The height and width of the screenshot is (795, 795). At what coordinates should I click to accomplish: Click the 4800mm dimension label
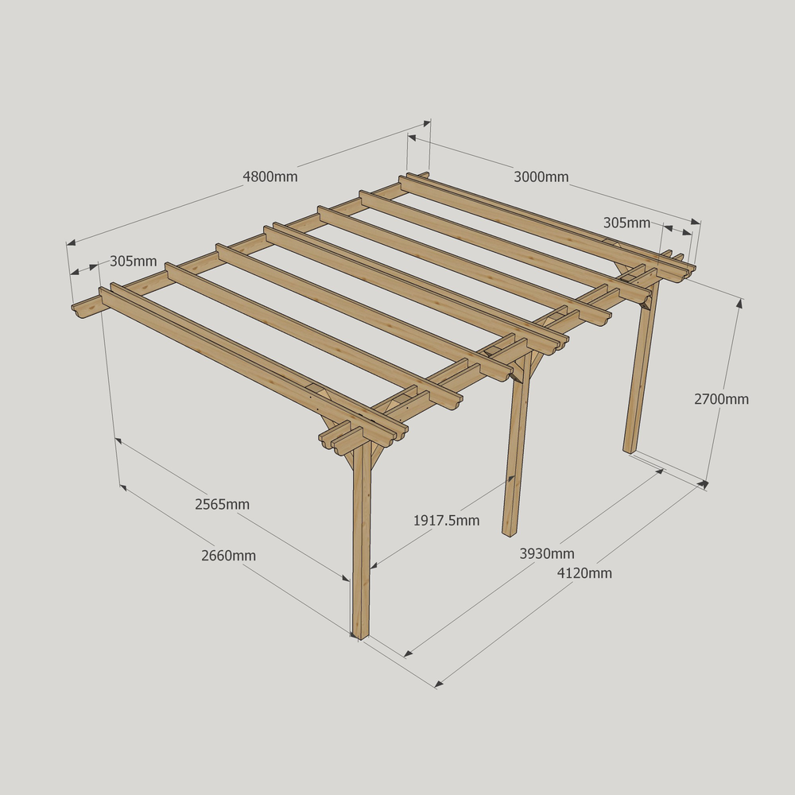[270, 177]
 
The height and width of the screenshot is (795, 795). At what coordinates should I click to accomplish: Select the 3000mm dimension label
[541, 177]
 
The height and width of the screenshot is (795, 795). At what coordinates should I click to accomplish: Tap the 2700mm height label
[722, 399]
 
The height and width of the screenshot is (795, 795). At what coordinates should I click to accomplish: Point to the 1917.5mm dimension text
[446, 521]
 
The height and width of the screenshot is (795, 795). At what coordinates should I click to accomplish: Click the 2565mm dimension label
[222, 505]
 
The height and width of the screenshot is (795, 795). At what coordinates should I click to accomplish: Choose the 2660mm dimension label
[228, 556]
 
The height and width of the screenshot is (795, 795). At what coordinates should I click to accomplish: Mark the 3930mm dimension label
[547, 553]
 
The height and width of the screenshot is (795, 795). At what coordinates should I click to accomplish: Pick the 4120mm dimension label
[584, 573]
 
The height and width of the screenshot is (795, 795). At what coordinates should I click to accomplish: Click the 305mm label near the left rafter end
[134, 261]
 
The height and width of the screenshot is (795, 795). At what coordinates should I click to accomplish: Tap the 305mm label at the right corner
[626, 223]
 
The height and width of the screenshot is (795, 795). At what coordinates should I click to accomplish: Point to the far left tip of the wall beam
[73, 307]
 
